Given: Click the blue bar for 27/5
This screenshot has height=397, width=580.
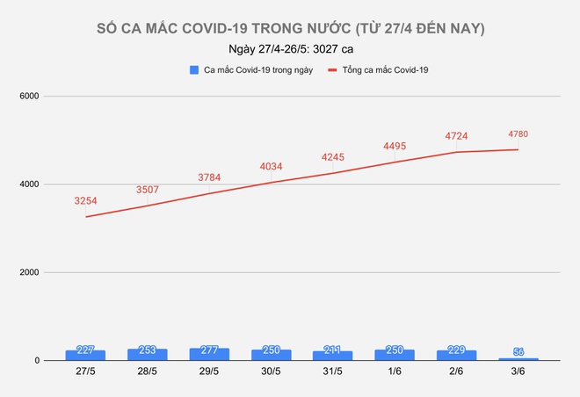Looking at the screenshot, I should pos(85,355).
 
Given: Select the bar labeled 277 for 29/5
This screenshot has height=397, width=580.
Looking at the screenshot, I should pos(209,354).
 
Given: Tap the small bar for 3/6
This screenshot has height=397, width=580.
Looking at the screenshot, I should pos(518,358).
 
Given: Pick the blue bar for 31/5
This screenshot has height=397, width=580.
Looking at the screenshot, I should pos(332,356).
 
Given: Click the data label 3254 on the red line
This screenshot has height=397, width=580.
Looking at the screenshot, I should pos(86,201).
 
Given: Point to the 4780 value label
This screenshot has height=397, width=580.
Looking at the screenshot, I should pos(518,134).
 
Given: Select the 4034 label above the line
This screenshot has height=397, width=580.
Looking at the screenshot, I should pos(271,167).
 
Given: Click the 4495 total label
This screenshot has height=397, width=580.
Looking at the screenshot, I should pos(395,147).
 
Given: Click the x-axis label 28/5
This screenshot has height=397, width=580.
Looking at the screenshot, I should pos(148,373).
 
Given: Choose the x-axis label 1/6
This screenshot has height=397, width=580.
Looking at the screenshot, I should pos(395,373).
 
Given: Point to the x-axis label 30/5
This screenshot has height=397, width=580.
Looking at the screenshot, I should pos(271,373).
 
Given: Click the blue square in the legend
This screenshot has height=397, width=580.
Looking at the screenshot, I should pos(192,69).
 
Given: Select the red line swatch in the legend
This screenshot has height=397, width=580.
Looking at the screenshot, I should pos(332,69).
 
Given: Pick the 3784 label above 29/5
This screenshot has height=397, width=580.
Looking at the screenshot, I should pos(209,177).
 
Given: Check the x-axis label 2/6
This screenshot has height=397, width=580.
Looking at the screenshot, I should pos(456,373).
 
